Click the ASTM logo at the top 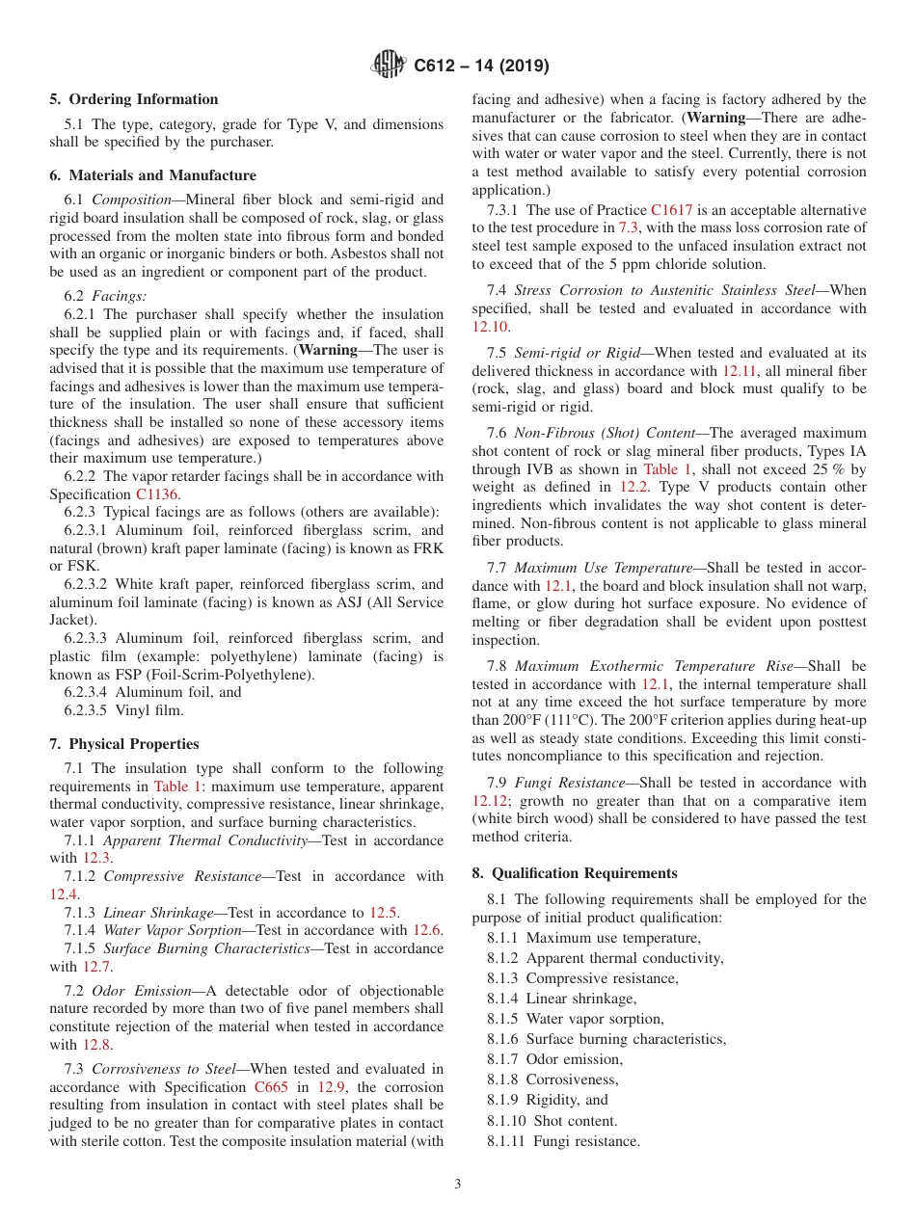tap(389, 66)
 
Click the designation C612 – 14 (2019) tap(481, 66)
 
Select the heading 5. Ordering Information tap(134, 99)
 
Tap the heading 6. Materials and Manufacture tap(152, 175)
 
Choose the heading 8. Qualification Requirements tap(575, 873)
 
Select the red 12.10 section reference tap(490, 327)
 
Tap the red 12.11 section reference tap(740, 370)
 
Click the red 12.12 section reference tap(490, 800)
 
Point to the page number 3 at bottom tap(458, 1184)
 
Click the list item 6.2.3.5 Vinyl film tap(123, 710)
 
